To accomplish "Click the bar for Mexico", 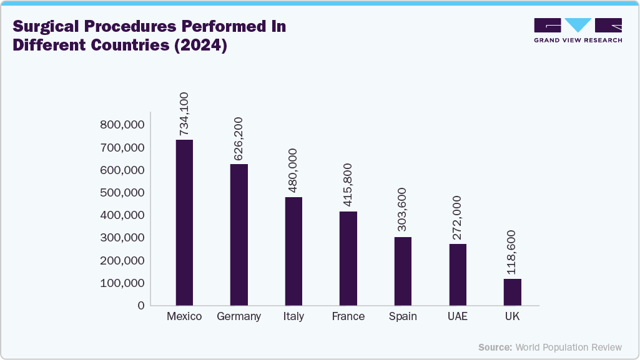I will (x=184, y=222).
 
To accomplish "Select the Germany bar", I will (x=239, y=235).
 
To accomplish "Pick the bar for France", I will (x=348, y=258).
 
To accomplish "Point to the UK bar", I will (x=513, y=292).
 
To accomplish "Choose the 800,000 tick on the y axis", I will (x=122, y=125).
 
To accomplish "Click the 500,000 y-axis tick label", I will (x=122, y=193).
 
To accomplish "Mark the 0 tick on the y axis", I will (x=141, y=306).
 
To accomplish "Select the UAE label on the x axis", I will (x=458, y=317).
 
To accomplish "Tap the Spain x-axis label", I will (x=403, y=317).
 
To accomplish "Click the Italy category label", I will (x=293, y=317).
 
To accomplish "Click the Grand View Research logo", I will (x=578, y=30).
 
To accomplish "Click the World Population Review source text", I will (x=568, y=347).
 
